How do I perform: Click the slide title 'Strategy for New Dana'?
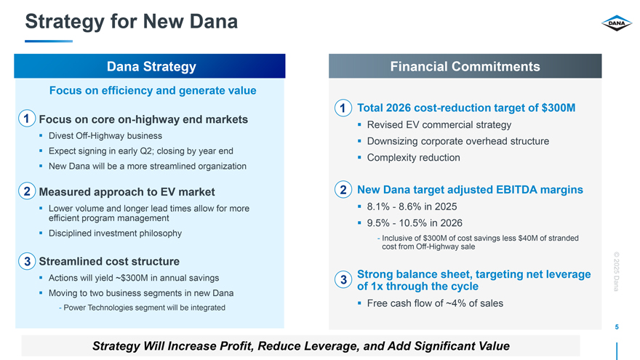click(x=132, y=22)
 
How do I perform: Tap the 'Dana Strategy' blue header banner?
click(x=151, y=67)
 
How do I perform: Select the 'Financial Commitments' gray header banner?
click(x=465, y=67)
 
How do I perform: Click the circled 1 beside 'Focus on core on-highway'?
click(x=26, y=119)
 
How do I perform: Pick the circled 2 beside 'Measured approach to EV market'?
click(x=26, y=192)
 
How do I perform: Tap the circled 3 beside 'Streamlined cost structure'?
click(x=26, y=261)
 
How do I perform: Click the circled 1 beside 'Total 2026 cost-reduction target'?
click(x=342, y=108)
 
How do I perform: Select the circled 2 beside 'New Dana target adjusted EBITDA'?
click(x=342, y=190)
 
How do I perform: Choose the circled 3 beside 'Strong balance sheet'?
click(x=342, y=280)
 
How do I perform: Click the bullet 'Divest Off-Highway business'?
click(x=105, y=136)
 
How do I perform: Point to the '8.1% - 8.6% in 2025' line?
click(x=412, y=207)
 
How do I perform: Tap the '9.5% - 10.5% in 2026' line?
click(x=415, y=223)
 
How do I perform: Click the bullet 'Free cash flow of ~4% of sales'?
click(x=435, y=303)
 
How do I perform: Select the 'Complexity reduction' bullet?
click(x=413, y=158)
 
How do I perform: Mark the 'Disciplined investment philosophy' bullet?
click(x=115, y=233)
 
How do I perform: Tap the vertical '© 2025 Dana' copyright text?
click(x=615, y=271)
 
